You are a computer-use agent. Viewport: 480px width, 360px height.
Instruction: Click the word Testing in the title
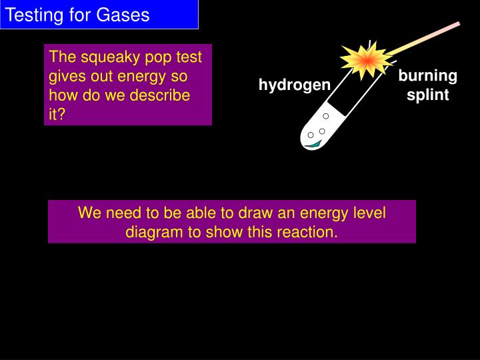pyautogui.click(x=31, y=15)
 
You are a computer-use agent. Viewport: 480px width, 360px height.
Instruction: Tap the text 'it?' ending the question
pyautogui.click(x=57, y=114)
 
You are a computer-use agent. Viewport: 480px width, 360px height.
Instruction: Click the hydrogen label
pyautogui.click(x=294, y=85)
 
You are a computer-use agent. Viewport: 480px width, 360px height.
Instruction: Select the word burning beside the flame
pyautogui.click(x=427, y=75)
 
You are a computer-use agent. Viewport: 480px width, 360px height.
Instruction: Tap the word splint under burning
pyautogui.click(x=427, y=95)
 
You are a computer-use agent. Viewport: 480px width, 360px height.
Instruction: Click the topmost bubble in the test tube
pyautogui.click(x=326, y=116)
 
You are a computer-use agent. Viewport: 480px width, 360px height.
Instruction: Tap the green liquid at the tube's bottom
pyautogui.click(x=311, y=142)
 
